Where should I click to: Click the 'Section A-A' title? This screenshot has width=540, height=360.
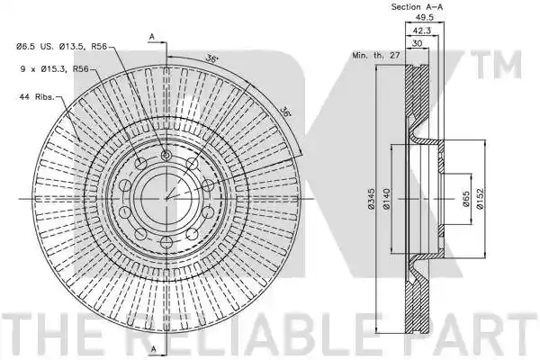tap(417, 7)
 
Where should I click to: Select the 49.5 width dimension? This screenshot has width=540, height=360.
tap(425, 17)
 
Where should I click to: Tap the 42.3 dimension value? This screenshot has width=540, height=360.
tap(422, 31)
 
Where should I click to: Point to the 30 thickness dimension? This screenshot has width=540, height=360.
tap(417, 43)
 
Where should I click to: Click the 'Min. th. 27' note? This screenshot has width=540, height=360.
tap(375, 55)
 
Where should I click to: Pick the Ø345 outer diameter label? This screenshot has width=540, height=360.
tap(371, 199)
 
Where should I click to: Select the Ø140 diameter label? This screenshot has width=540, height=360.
tap(386, 199)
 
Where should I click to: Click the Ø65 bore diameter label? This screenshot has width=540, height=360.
tap(466, 199)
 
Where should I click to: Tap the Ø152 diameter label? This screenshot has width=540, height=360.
tap(480, 198)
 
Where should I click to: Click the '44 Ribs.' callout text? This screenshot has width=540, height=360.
tap(37, 97)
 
